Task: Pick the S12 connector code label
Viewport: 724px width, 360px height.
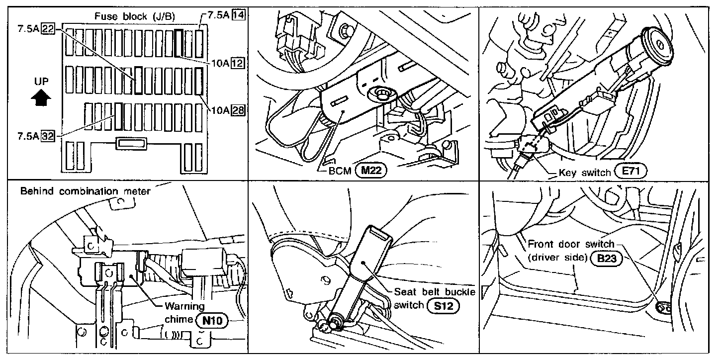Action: point(443,305)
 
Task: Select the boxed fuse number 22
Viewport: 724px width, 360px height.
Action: point(48,29)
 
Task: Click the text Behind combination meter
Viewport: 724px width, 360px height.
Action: point(85,191)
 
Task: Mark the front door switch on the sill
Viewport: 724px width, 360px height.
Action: point(663,309)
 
